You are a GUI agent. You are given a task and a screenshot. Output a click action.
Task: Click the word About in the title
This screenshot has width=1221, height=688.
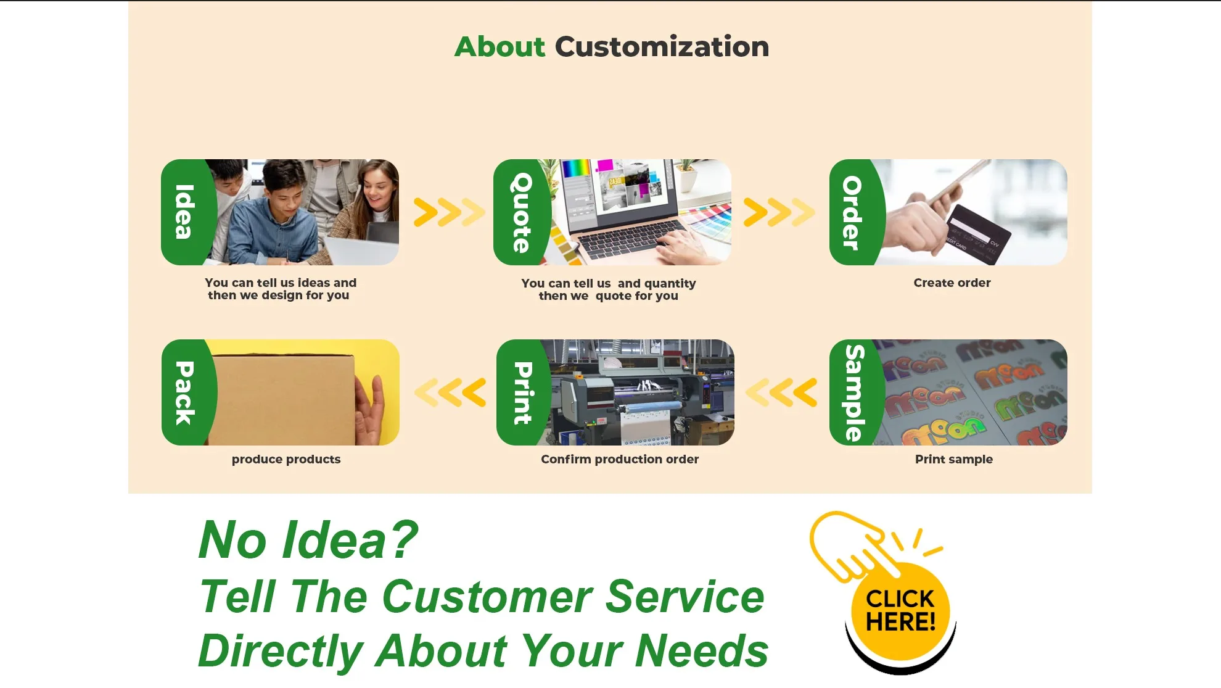(499, 47)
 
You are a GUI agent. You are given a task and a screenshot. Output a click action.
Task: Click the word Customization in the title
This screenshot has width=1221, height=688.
(662, 47)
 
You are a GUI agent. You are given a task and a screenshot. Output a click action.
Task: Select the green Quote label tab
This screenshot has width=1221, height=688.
(521, 212)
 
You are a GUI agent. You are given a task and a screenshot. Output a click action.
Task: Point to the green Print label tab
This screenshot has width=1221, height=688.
(522, 392)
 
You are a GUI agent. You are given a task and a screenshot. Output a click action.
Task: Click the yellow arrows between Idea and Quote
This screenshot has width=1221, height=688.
(449, 212)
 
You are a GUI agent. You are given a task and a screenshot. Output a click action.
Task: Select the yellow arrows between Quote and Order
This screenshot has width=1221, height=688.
(779, 212)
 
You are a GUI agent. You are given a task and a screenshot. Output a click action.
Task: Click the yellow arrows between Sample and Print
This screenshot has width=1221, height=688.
(781, 392)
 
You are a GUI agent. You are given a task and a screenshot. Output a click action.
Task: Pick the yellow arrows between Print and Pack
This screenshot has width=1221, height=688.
(450, 392)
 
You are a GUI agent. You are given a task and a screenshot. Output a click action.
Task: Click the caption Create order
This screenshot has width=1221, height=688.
(952, 283)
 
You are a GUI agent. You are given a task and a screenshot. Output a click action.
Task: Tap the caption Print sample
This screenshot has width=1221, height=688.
(954, 459)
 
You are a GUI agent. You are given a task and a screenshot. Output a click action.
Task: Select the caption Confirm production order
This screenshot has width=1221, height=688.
(620, 459)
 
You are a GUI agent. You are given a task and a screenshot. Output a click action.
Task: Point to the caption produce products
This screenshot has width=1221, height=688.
(286, 460)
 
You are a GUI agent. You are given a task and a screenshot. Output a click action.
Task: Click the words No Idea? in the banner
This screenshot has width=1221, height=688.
(308, 540)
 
